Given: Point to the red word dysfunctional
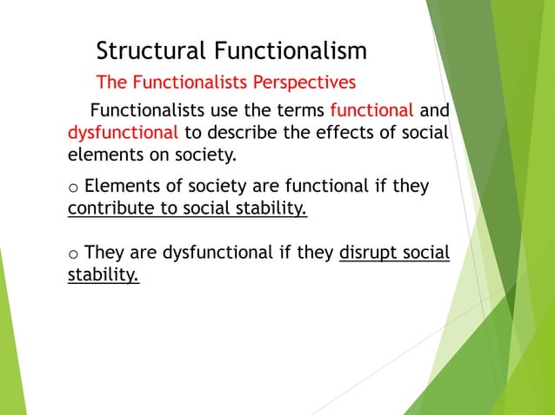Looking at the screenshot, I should tap(124, 134).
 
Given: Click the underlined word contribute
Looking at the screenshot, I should tap(110, 209).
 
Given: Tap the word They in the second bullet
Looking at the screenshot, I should tap(104, 254).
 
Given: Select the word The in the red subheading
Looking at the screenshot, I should tap(111, 82).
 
